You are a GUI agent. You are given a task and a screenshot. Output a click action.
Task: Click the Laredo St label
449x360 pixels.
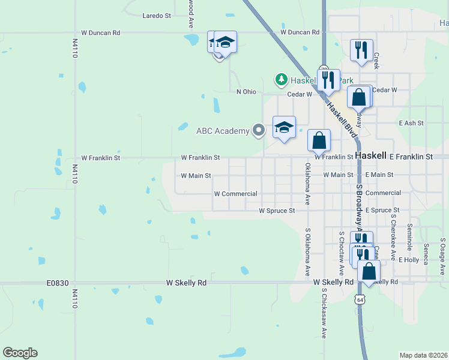tap(157, 16)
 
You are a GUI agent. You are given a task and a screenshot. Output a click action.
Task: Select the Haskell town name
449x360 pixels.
tap(371, 155)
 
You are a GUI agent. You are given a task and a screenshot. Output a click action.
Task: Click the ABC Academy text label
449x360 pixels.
tap(223, 131)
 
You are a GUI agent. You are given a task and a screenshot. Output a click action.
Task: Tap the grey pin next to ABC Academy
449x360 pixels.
tap(259, 130)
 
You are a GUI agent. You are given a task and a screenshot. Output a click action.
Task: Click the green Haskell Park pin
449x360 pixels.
tap(280, 79)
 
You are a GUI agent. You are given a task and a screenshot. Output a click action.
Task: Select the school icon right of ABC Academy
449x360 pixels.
tap(285, 127)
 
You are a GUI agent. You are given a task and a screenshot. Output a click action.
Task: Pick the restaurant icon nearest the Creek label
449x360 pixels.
tap(361, 51)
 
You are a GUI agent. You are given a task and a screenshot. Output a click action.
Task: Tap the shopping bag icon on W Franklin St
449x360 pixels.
tap(319, 140)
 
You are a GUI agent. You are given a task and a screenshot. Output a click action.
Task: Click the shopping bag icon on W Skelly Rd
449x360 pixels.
tap(369, 271)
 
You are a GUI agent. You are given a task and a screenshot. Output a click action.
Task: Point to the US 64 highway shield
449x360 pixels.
tap(359, 298)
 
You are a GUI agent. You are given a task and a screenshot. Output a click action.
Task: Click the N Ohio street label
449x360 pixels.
tap(247, 91)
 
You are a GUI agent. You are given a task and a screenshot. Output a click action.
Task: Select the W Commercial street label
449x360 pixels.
tap(236, 194)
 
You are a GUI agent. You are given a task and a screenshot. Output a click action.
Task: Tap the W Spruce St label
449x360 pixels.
tap(277, 211)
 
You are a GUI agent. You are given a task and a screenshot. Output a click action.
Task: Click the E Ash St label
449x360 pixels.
tap(411, 123)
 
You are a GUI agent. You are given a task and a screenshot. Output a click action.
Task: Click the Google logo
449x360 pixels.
tap(20, 353)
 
